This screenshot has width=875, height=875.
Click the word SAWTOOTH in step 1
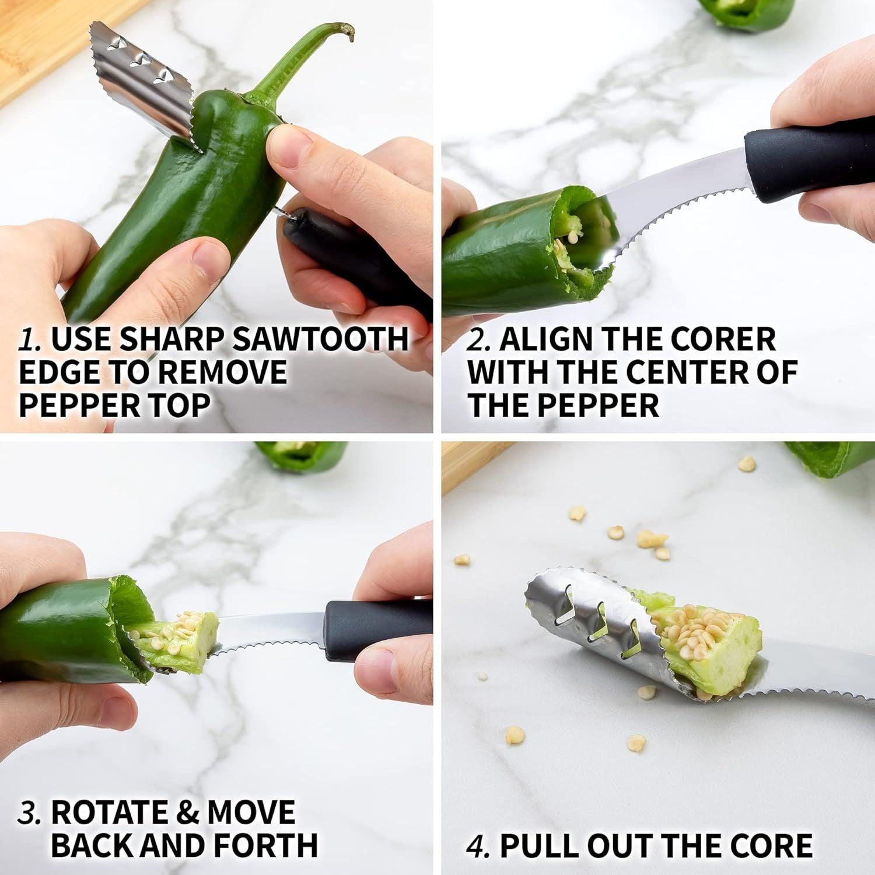pos(320,339)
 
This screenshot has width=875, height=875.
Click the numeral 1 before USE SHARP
pos(29,339)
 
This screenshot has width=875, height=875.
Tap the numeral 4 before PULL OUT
pos(477,845)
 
